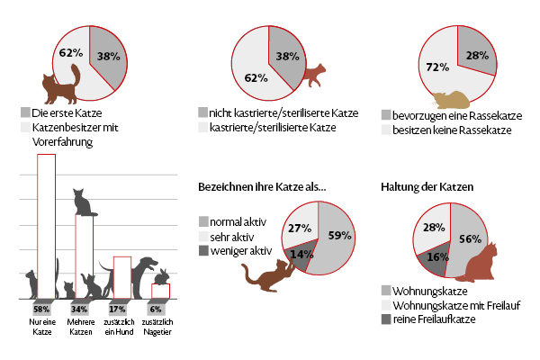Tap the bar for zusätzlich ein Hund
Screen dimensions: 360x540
123,270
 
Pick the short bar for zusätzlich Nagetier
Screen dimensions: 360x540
161,290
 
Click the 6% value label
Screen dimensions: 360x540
156,309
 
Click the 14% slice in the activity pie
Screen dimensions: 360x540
301,254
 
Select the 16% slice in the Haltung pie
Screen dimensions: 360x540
433,257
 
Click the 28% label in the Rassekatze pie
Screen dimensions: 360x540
476,56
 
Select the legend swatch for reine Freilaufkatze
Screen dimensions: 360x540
386,319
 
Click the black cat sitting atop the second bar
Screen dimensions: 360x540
84,203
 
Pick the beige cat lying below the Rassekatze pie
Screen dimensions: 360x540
447,102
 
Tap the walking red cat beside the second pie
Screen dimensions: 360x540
314,77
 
